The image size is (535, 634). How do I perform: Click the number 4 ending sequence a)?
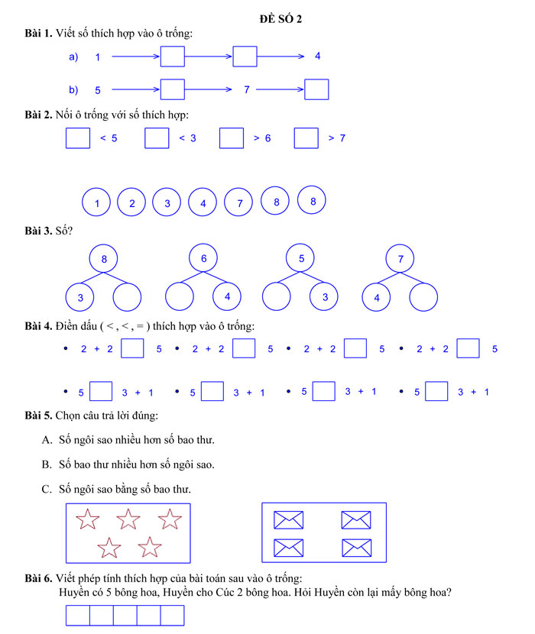[318, 57]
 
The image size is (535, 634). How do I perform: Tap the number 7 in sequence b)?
[247, 90]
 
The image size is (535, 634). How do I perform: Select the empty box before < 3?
[157, 138]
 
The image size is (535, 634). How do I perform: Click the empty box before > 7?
[306, 138]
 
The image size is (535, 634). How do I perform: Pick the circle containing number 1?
[96, 203]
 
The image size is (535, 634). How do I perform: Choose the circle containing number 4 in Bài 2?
[203, 203]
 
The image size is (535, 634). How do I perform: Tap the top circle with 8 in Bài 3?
[104, 259]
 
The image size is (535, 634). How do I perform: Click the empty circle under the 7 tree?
[424, 297]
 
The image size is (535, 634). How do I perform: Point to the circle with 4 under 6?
[227, 296]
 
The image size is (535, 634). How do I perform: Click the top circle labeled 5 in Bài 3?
[301, 259]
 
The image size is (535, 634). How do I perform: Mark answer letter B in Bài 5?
[47, 464]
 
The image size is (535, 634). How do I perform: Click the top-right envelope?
[355, 520]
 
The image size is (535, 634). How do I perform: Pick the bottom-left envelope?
[288, 547]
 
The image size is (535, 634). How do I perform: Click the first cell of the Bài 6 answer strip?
[78, 616]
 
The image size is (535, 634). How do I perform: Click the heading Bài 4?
[38, 327]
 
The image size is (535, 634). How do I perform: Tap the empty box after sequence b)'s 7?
[316, 90]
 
